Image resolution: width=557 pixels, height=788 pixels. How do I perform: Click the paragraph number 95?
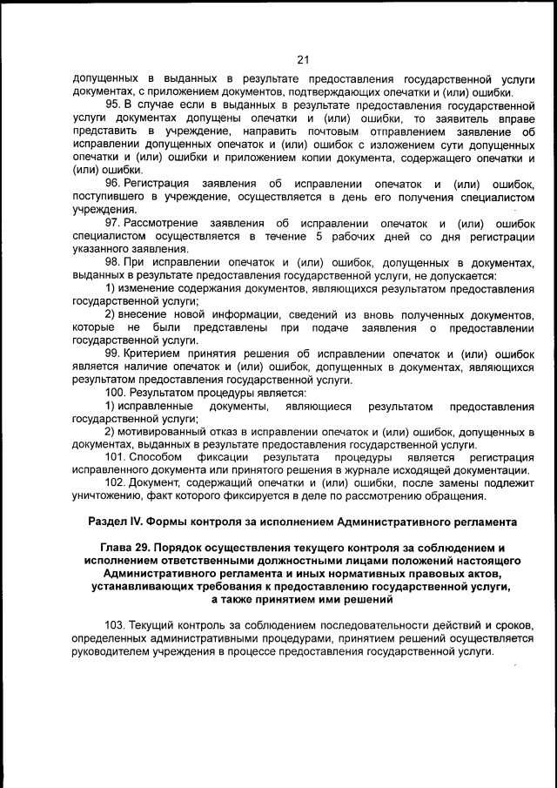[112, 105]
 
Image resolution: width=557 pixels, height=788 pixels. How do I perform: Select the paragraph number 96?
[112, 184]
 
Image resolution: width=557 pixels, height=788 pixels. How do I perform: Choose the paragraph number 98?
[112, 262]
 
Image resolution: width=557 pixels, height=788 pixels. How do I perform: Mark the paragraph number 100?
[115, 393]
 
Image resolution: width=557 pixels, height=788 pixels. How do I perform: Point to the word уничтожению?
[105, 497]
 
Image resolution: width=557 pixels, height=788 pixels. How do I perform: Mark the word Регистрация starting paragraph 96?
[158, 184]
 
